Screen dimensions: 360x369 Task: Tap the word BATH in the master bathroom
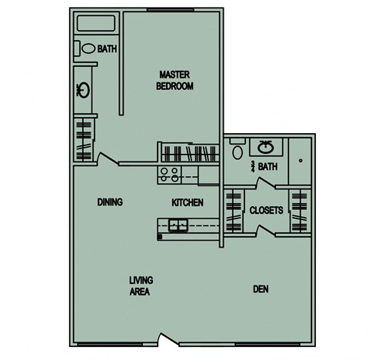click(x=108, y=49)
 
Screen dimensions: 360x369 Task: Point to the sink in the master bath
click(x=83, y=90)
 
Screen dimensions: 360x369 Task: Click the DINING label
click(x=110, y=202)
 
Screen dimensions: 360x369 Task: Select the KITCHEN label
click(x=187, y=203)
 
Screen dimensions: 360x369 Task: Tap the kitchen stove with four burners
click(x=168, y=174)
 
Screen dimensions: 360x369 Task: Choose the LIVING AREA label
click(x=139, y=286)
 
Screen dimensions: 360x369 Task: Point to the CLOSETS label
click(x=266, y=210)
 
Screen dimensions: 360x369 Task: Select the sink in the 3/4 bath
click(x=267, y=146)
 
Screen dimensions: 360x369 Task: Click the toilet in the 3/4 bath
click(x=238, y=152)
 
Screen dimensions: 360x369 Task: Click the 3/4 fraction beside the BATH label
click(x=251, y=165)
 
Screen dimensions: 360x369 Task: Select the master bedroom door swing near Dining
click(x=108, y=160)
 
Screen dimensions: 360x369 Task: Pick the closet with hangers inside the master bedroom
click(x=189, y=152)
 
